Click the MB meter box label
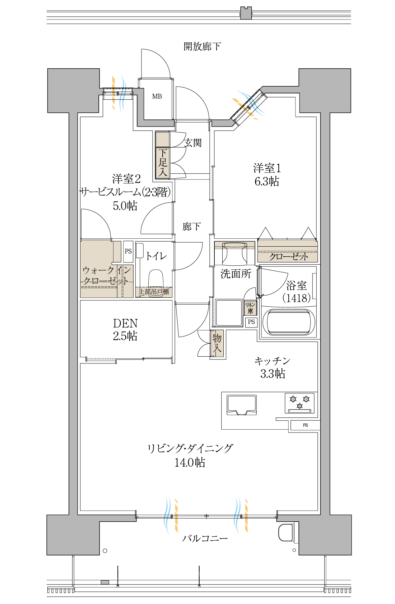157,96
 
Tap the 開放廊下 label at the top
202,47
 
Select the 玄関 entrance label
193,143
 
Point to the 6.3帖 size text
266,181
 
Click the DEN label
125,323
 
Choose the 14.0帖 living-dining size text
190,462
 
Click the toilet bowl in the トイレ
156,279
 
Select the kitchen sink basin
242,405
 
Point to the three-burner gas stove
299,403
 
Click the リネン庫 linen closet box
250,308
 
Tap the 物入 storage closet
217,343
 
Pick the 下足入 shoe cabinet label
163,163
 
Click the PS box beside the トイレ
128,251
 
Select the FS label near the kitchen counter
305,425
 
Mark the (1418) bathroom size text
297,298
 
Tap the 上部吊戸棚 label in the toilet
154,292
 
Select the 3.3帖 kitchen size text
273,374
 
